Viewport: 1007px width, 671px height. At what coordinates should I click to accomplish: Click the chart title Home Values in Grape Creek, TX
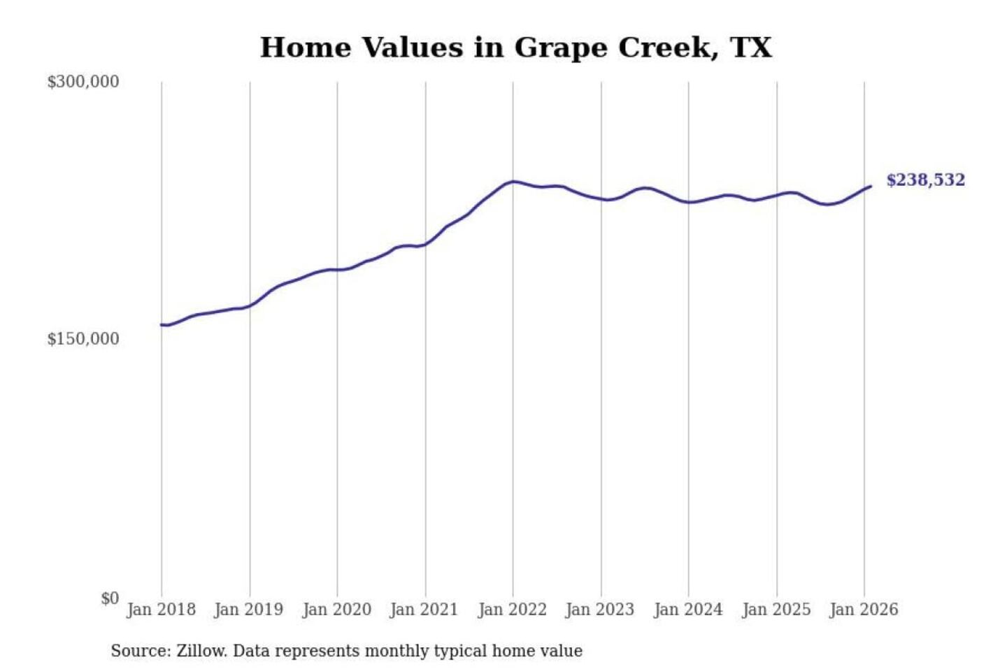click(x=515, y=48)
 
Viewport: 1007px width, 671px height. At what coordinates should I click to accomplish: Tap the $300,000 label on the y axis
click(x=83, y=82)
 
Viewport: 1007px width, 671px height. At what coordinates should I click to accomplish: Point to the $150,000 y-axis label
click(x=83, y=339)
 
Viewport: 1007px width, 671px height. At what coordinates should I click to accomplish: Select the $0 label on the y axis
click(x=109, y=598)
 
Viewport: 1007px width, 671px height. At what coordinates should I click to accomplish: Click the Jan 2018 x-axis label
click(x=161, y=609)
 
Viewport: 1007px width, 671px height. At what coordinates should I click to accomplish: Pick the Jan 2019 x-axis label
click(x=248, y=609)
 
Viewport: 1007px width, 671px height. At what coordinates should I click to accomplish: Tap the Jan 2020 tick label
click(x=336, y=609)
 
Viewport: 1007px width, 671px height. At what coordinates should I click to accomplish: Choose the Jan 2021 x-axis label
click(x=424, y=609)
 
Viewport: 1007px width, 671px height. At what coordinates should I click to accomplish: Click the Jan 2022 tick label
click(x=512, y=609)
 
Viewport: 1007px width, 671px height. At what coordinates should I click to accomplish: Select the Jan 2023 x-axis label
click(x=599, y=609)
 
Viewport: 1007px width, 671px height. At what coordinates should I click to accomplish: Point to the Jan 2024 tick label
click(x=687, y=609)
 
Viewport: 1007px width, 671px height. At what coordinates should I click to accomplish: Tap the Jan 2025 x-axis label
click(x=776, y=609)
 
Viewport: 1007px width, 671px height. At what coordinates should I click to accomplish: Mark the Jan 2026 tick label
click(x=863, y=609)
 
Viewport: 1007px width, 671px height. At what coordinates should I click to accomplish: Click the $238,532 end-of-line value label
click(x=925, y=180)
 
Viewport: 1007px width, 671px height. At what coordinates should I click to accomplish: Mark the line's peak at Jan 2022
click(x=513, y=182)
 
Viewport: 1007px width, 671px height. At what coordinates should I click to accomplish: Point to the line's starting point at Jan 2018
click(x=162, y=324)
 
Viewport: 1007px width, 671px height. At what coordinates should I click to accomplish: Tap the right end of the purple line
click(x=871, y=186)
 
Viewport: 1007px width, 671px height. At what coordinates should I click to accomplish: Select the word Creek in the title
click(x=667, y=48)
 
